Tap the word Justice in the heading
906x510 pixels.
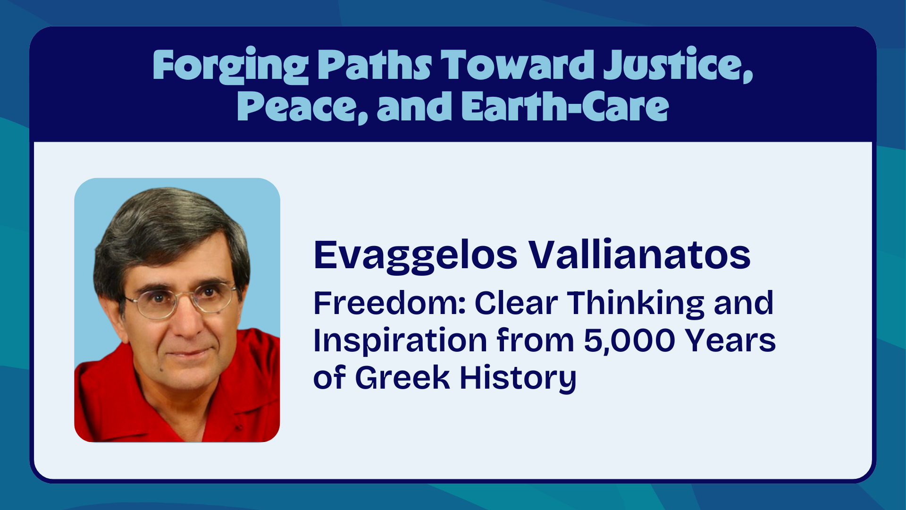click(678, 65)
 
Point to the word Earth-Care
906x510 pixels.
click(565, 106)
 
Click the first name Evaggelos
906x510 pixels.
click(416, 255)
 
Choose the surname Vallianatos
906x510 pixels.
click(639, 255)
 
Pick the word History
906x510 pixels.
click(518, 379)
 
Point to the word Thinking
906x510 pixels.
click(636, 303)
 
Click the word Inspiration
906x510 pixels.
click(400, 341)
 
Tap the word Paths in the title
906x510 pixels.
click(374, 65)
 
